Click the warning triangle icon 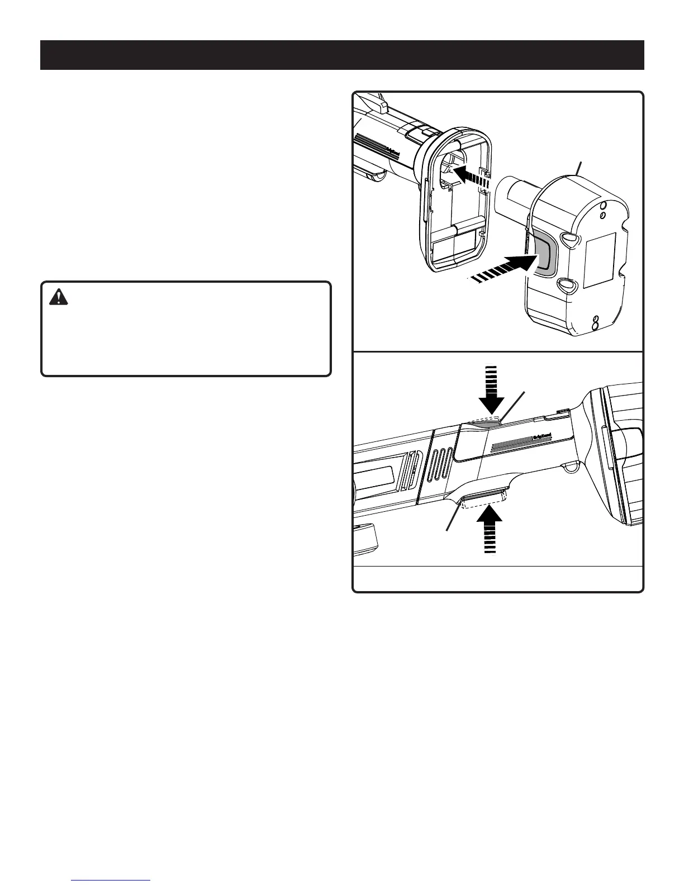(58, 297)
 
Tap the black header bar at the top (342, 55)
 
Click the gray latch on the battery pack (540, 254)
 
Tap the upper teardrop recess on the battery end (567, 240)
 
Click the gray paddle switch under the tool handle (484, 497)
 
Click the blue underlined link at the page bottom (111, 881)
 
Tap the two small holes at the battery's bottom (596, 322)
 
